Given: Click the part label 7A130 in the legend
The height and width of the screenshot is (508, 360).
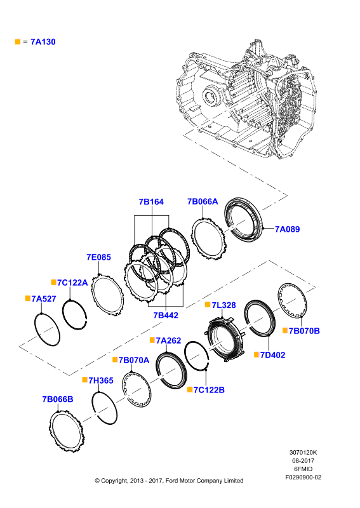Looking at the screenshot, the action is coord(43,42).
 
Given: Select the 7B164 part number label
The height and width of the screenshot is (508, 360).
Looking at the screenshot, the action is coord(151,202).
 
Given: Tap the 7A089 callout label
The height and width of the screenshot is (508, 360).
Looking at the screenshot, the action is coord(288,229).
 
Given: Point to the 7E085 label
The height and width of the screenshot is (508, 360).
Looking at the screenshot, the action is coord(98,257).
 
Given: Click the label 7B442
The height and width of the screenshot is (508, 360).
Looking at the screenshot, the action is coord(166,315).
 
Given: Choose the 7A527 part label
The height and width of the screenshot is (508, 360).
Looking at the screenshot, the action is coord(44,298).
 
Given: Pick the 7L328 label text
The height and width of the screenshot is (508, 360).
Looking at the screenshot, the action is coord(224,305).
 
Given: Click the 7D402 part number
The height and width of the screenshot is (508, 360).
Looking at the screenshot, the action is coord(273,355).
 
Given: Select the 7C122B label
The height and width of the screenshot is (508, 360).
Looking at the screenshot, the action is coord(209,390).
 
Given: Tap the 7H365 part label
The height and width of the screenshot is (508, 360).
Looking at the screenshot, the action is coord(101,380).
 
